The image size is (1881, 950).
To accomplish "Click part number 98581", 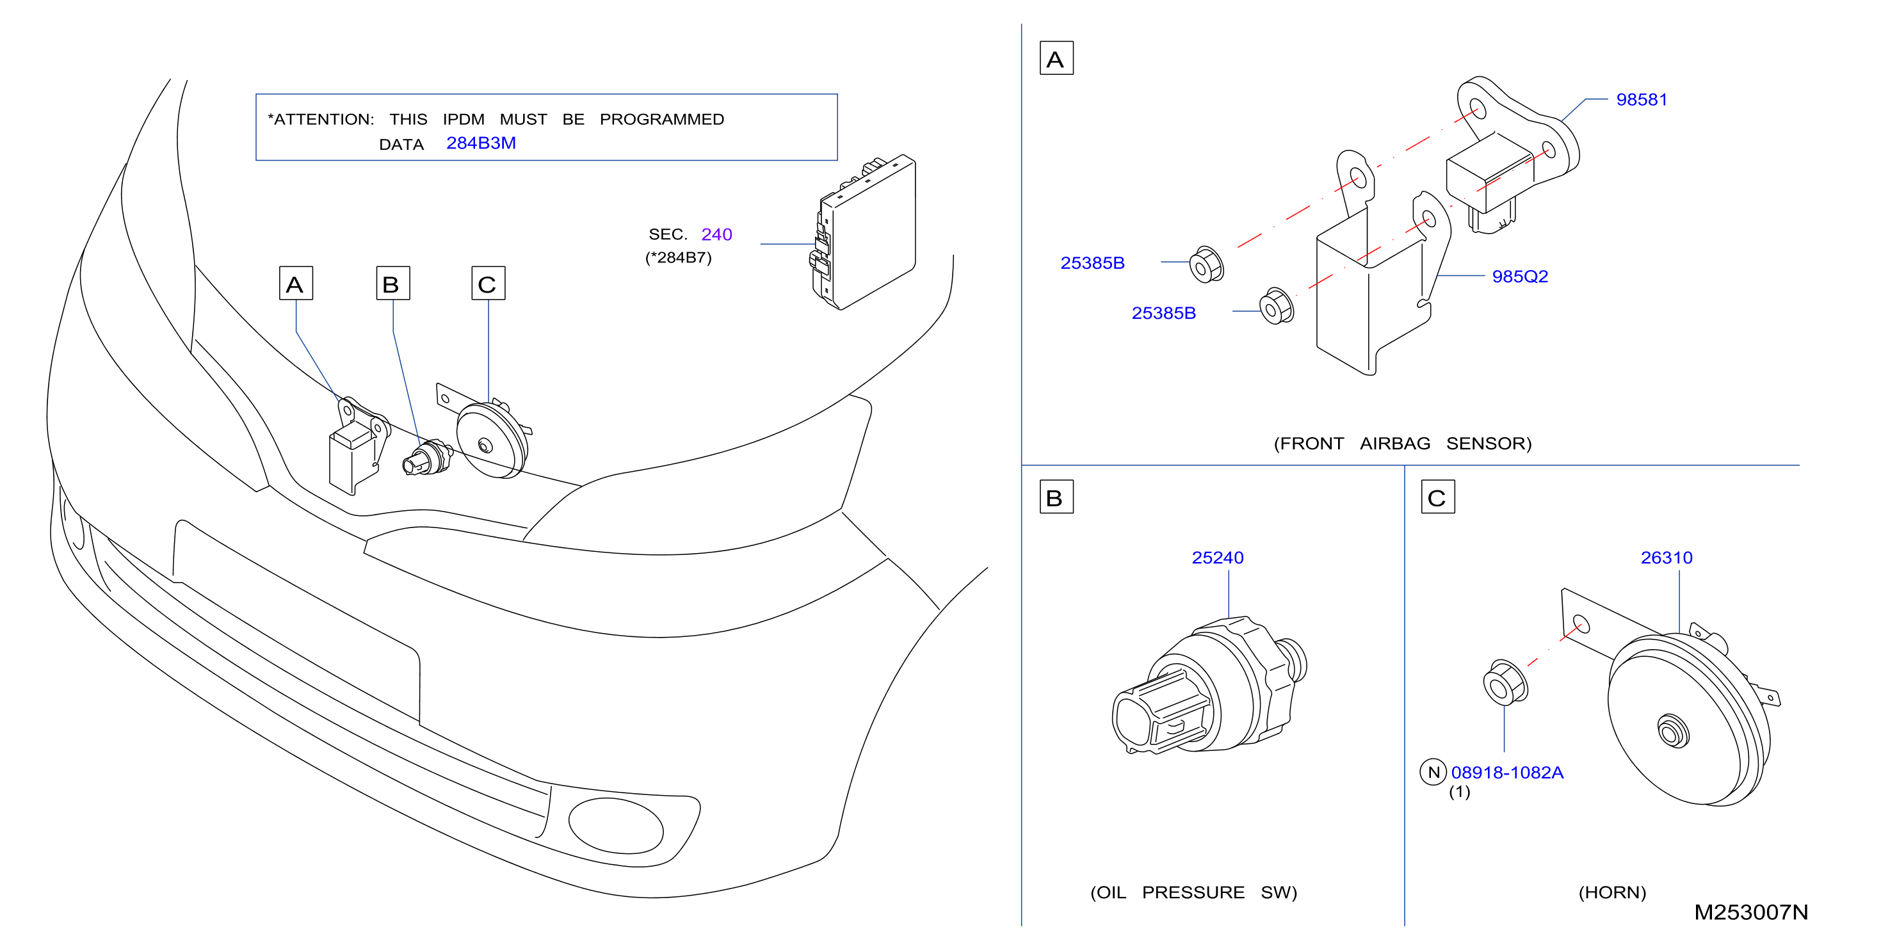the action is [x=1642, y=99].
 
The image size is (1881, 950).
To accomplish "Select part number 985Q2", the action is [x=1519, y=276].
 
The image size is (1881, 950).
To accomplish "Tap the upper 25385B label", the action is [x=1092, y=263].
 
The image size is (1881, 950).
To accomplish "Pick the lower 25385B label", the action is [x=1163, y=313].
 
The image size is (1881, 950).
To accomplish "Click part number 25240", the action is [x=1217, y=557].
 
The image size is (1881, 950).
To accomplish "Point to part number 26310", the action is [x=1667, y=557].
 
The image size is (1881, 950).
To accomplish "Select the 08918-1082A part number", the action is [x=1507, y=772].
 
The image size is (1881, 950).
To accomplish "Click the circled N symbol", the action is [x=1433, y=772].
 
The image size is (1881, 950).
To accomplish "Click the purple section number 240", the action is [x=716, y=234].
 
